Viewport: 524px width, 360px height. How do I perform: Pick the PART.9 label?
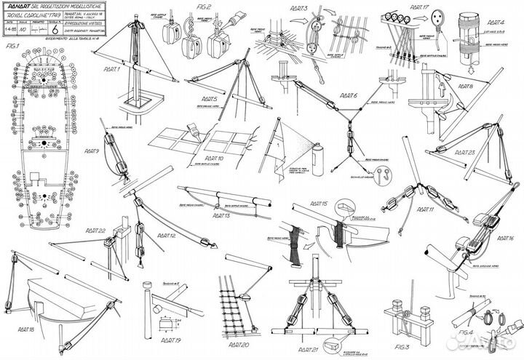92,151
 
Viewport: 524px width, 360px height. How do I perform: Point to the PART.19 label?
171,340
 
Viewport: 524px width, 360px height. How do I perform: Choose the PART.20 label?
235,344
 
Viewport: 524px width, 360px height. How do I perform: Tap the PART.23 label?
463,153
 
